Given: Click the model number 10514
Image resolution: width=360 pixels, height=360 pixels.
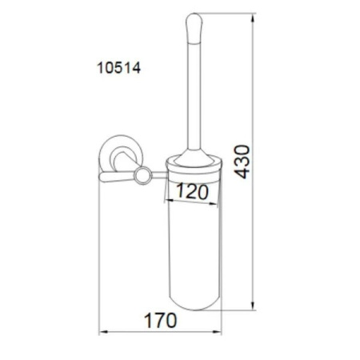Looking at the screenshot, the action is click(x=118, y=68).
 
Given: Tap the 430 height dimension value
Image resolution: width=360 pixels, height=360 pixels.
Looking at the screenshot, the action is click(x=242, y=162).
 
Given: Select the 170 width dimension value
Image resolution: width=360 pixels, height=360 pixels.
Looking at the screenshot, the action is click(x=160, y=320).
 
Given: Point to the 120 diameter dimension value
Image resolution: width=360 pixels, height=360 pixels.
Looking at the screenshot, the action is click(x=192, y=191).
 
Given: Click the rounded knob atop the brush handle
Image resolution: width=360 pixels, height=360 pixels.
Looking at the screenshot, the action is click(x=194, y=27).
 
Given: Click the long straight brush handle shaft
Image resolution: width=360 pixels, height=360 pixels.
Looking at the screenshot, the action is click(x=194, y=96).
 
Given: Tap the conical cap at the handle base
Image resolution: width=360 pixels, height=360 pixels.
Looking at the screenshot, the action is click(x=194, y=158).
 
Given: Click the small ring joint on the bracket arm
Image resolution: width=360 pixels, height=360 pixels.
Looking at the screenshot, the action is click(x=143, y=175).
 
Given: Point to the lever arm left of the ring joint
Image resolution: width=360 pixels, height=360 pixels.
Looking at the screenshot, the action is click(x=117, y=177).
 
